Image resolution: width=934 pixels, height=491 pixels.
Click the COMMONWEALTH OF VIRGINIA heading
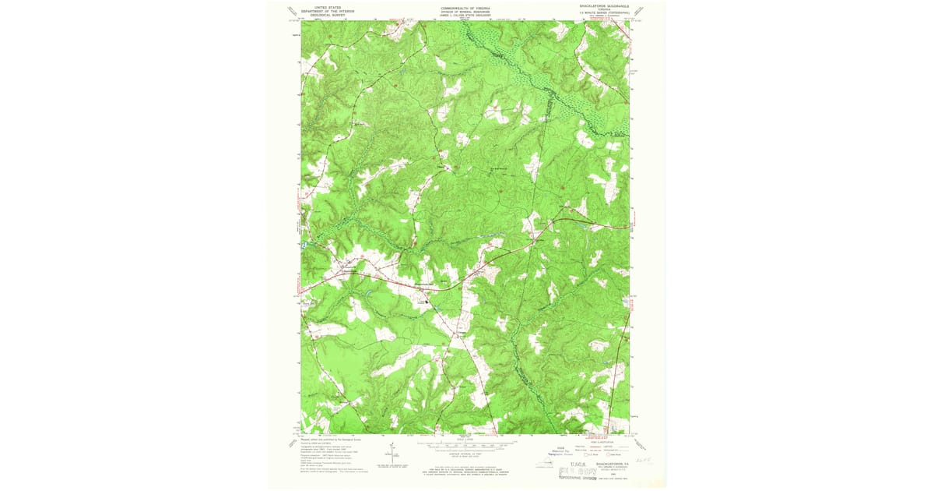[x=465, y=6]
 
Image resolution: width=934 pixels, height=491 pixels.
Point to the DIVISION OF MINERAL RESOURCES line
[x=465, y=10]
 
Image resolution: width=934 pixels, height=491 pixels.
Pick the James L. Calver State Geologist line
[x=465, y=14]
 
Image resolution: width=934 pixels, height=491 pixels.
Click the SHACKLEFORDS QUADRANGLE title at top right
[x=603, y=6]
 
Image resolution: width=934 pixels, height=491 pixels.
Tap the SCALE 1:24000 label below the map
[x=465, y=439]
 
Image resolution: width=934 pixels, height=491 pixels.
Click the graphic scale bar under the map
[x=465, y=445]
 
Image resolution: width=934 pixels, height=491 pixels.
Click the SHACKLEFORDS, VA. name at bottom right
[x=611, y=462]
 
